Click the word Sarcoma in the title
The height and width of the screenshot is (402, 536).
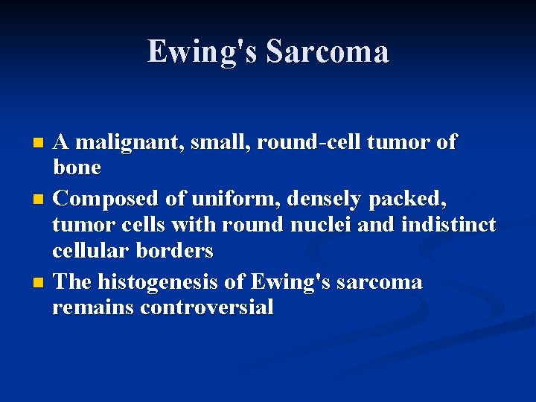pos(327,52)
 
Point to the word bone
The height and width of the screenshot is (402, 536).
pos(77,167)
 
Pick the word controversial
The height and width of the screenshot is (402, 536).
pos(206,307)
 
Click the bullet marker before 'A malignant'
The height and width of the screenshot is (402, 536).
pos(42,141)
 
